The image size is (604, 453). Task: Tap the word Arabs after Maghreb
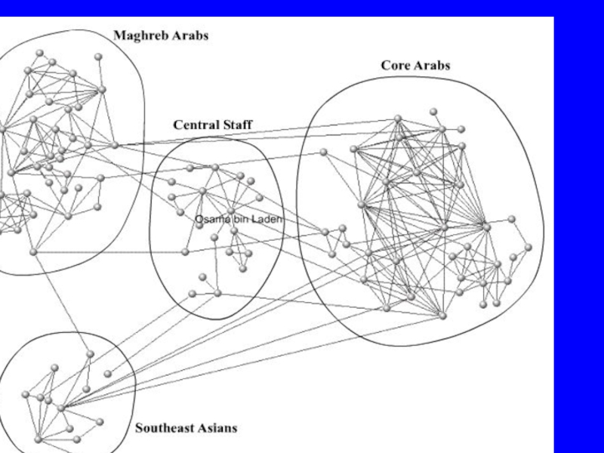pyautogui.click(x=190, y=35)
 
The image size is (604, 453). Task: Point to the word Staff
pyautogui.click(x=237, y=125)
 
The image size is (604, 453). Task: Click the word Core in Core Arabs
pyautogui.click(x=395, y=66)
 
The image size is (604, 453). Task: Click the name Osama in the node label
pyautogui.click(x=210, y=219)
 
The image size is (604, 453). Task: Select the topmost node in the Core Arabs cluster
pyautogui.click(x=434, y=112)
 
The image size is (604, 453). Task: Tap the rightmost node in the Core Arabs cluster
pyautogui.click(x=528, y=246)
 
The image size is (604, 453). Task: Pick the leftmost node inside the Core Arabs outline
pyautogui.click(x=323, y=152)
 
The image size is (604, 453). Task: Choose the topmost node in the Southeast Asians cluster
pyautogui.click(x=90, y=353)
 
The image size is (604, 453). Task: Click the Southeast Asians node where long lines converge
pyautogui.click(x=61, y=408)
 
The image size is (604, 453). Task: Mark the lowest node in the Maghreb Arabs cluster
pyautogui.click(x=33, y=251)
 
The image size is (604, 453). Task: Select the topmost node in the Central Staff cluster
pyautogui.click(x=215, y=167)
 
